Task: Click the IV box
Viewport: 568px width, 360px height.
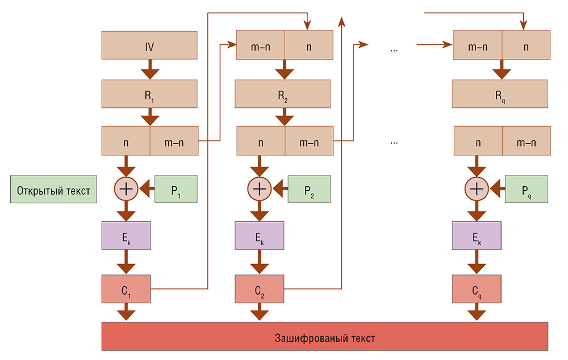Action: [x=149, y=45]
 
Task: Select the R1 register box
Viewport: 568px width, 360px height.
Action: [x=149, y=94]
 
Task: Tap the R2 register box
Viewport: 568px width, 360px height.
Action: [x=282, y=94]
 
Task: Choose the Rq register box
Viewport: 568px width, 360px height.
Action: [x=500, y=94]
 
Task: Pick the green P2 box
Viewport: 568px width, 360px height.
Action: [x=309, y=189]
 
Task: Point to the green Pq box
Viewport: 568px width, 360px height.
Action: [x=526, y=189]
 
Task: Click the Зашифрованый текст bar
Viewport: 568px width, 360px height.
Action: [x=324, y=336]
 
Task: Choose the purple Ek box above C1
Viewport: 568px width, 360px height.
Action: [x=126, y=235]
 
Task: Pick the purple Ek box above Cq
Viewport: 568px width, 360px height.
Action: [x=477, y=235]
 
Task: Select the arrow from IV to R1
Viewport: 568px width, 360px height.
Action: [x=149, y=69]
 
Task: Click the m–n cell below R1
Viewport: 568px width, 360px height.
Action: [x=174, y=141]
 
